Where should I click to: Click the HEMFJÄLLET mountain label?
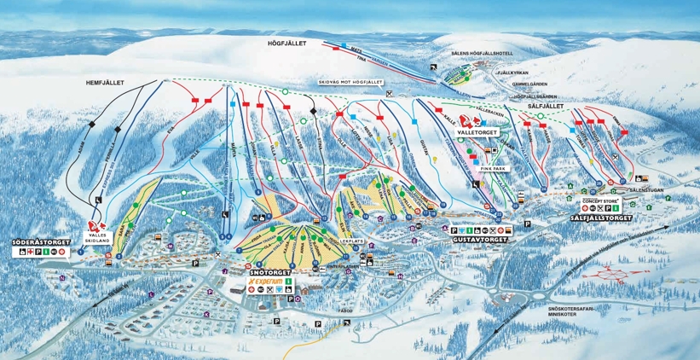pyautogui.click(x=106, y=83)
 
